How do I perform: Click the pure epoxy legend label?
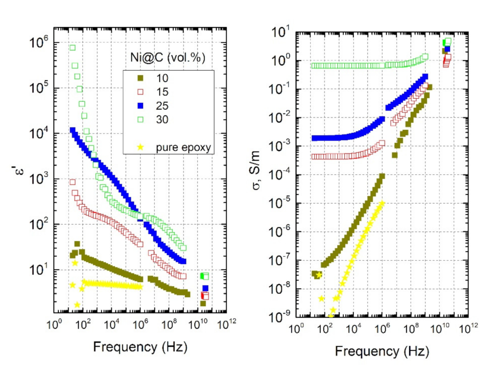(x=178, y=148)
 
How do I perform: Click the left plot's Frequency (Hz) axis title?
(x=139, y=347)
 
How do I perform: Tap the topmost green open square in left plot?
(x=73, y=48)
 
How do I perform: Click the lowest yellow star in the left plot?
(x=77, y=305)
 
